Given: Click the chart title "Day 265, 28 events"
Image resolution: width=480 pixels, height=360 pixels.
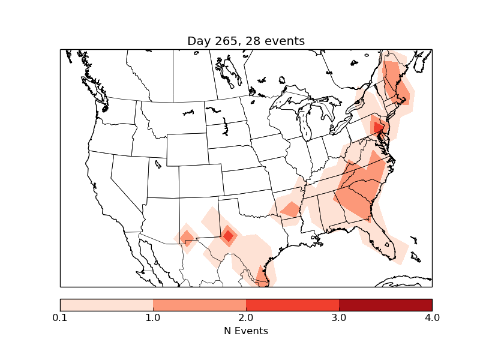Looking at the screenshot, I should click(246, 41).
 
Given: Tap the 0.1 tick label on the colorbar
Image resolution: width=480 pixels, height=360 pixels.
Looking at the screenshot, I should click(60, 317).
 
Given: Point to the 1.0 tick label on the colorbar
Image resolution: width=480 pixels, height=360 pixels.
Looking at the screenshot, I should click(153, 317).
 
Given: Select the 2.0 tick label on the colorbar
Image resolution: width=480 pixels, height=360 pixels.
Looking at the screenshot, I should click(246, 317).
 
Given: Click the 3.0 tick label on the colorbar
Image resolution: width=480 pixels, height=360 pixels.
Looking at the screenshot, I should click(339, 317).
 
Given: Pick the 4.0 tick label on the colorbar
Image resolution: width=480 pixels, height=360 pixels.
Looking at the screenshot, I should click(432, 317).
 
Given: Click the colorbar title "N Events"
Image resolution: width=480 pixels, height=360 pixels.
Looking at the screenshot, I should click(246, 331).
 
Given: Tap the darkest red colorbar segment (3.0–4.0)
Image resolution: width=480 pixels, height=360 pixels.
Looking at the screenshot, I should click(385, 305).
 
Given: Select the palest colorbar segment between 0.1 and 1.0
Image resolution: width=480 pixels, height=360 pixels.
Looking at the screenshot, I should click(106, 305).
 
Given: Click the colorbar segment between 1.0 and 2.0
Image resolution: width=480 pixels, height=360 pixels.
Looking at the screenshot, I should click(199, 305).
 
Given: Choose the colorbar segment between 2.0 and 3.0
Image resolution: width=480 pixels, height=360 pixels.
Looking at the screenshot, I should click(292, 305).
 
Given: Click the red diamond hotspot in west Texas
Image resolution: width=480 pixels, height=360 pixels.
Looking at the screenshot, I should click(228, 236).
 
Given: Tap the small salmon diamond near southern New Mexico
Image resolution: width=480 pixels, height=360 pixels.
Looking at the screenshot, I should click(187, 238).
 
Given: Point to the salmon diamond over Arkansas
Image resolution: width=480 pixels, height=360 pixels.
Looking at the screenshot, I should click(290, 209).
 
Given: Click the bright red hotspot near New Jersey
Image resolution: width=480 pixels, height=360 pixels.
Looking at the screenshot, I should click(378, 127).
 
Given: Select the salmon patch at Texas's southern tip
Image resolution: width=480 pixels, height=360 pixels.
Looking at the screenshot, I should click(262, 275).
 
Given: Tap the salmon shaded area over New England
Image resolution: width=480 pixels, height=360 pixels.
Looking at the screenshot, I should click(397, 84).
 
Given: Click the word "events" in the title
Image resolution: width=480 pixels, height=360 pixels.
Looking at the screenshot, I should click(285, 41).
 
